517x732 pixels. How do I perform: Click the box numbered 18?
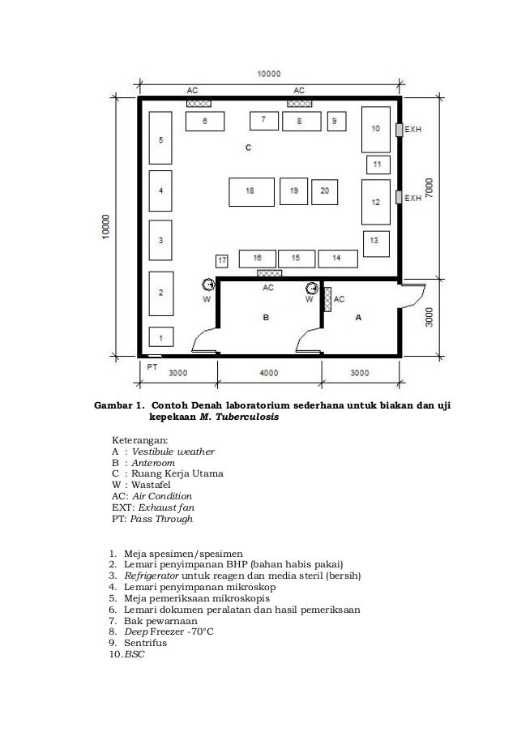point(250,191)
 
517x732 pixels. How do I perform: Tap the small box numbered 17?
point(222,261)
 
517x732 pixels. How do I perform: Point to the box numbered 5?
point(161,139)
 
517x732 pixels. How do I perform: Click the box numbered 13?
point(374,241)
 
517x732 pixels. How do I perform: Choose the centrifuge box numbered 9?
point(336,121)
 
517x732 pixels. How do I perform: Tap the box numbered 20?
point(324,191)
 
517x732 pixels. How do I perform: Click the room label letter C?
point(248,148)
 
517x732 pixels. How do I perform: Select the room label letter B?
point(266,319)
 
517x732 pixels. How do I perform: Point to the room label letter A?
point(358,319)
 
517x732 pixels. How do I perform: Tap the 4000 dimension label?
point(269,373)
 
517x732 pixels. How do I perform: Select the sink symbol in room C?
point(208,285)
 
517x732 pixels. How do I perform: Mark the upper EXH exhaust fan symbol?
point(399,130)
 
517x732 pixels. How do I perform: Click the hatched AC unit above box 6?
point(199,104)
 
